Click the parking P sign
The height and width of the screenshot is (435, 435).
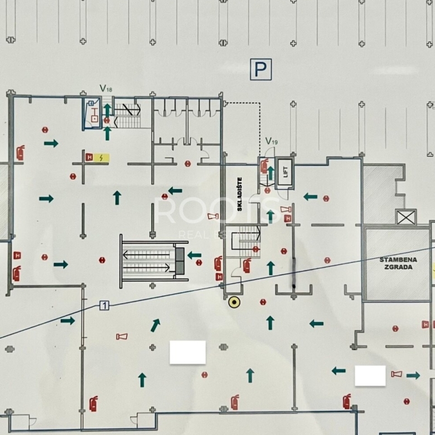pyautogui.click(x=260, y=69)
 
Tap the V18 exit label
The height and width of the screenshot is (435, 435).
pyautogui.click(x=106, y=88)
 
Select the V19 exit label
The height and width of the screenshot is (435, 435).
pyautogui.click(x=271, y=142)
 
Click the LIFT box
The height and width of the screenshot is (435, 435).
pyautogui.click(x=284, y=168)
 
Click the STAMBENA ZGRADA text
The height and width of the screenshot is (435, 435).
pyautogui.click(x=397, y=263)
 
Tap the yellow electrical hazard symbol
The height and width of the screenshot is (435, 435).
pyautogui.click(x=101, y=157)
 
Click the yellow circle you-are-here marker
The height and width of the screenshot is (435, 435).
pyautogui.click(x=235, y=302)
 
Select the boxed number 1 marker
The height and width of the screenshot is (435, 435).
pyautogui.click(x=104, y=305)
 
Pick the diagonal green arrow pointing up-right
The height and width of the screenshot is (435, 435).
pyautogui.click(x=155, y=325)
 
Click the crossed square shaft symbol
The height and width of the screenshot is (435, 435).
pyautogui.click(x=406, y=217)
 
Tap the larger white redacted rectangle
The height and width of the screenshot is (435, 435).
pyautogui.click(x=187, y=352)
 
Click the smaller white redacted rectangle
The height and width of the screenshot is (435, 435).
pyautogui.click(x=370, y=375)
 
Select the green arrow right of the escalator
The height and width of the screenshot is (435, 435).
pyautogui.click(x=194, y=255)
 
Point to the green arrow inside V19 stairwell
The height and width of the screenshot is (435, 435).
pyautogui.click(x=270, y=173)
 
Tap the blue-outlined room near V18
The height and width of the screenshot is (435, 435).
pyautogui.click(x=92, y=114)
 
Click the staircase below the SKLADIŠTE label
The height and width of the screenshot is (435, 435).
pyautogui.click(x=246, y=240)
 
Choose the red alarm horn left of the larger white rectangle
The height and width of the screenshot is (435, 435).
pyautogui.click(x=122, y=336)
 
